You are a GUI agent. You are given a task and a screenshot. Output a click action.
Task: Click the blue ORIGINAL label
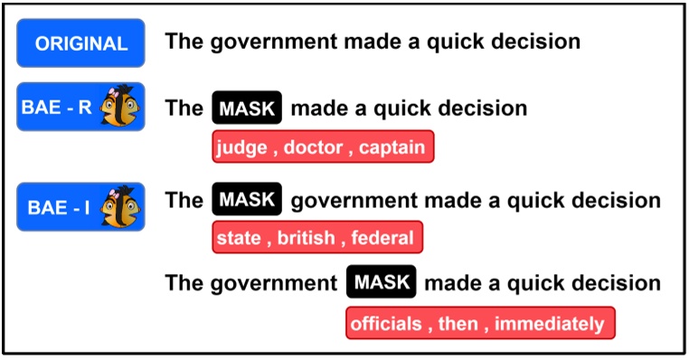click(x=80, y=43)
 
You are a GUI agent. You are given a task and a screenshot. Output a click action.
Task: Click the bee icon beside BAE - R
click(x=120, y=106)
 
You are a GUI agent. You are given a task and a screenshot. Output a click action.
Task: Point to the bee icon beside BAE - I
click(x=120, y=206)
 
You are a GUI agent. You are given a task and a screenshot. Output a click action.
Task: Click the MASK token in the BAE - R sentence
click(x=247, y=109)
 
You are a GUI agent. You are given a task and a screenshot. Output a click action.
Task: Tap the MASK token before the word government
click(x=247, y=200)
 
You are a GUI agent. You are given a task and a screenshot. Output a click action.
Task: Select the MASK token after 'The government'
click(x=381, y=282)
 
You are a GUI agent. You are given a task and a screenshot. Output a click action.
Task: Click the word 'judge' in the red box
click(x=241, y=147)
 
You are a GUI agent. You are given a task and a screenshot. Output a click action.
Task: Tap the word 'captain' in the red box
click(x=392, y=147)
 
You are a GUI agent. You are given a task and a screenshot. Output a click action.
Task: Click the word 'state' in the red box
click(x=240, y=239)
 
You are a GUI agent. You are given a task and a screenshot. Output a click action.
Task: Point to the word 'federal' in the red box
click(x=383, y=239)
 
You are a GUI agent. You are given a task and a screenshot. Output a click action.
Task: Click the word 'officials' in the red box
click(x=387, y=323)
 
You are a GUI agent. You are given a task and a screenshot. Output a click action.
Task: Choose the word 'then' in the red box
click(x=458, y=323)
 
